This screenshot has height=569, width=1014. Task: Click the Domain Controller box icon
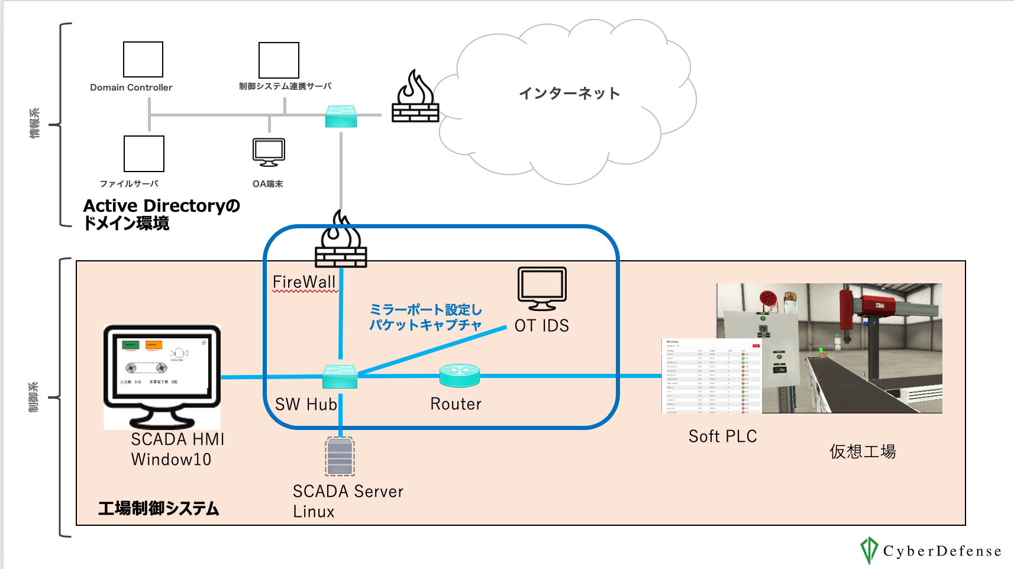(x=143, y=59)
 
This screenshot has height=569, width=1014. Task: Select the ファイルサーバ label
(x=129, y=184)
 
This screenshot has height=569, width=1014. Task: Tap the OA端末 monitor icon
(x=269, y=152)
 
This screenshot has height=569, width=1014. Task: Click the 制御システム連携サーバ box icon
(x=279, y=60)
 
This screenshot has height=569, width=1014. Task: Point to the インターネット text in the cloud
(x=569, y=93)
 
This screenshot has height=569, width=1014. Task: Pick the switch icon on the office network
(x=341, y=116)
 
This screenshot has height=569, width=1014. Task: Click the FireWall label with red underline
(x=304, y=282)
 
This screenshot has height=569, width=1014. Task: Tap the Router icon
(x=460, y=375)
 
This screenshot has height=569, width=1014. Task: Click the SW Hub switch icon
(x=340, y=377)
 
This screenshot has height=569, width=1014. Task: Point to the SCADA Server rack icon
(x=340, y=456)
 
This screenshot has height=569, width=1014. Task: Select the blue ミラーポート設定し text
(x=425, y=310)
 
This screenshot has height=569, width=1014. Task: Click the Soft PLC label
(x=722, y=437)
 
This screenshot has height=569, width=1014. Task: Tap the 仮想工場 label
(x=862, y=452)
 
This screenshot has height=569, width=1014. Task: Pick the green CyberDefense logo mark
(x=868, y=550)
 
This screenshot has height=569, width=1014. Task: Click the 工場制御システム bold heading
(x=159, y=509)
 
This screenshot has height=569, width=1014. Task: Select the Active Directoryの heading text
(x=162, y=206)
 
